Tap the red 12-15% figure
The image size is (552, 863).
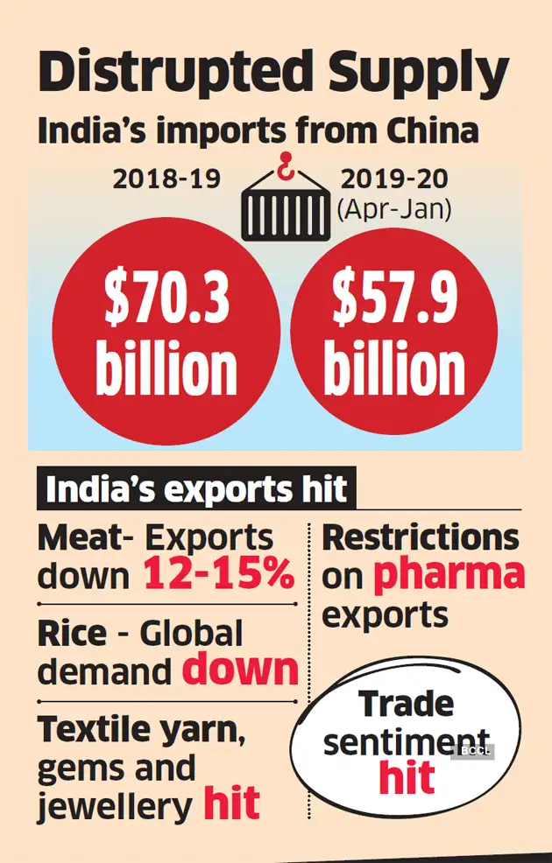point(218,575)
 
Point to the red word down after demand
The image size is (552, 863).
point(240,670)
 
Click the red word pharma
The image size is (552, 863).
point(449,575)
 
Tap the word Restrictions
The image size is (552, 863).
point(421,537)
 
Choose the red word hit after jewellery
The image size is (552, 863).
point(231,803)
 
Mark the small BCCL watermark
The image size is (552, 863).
point(474,751)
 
